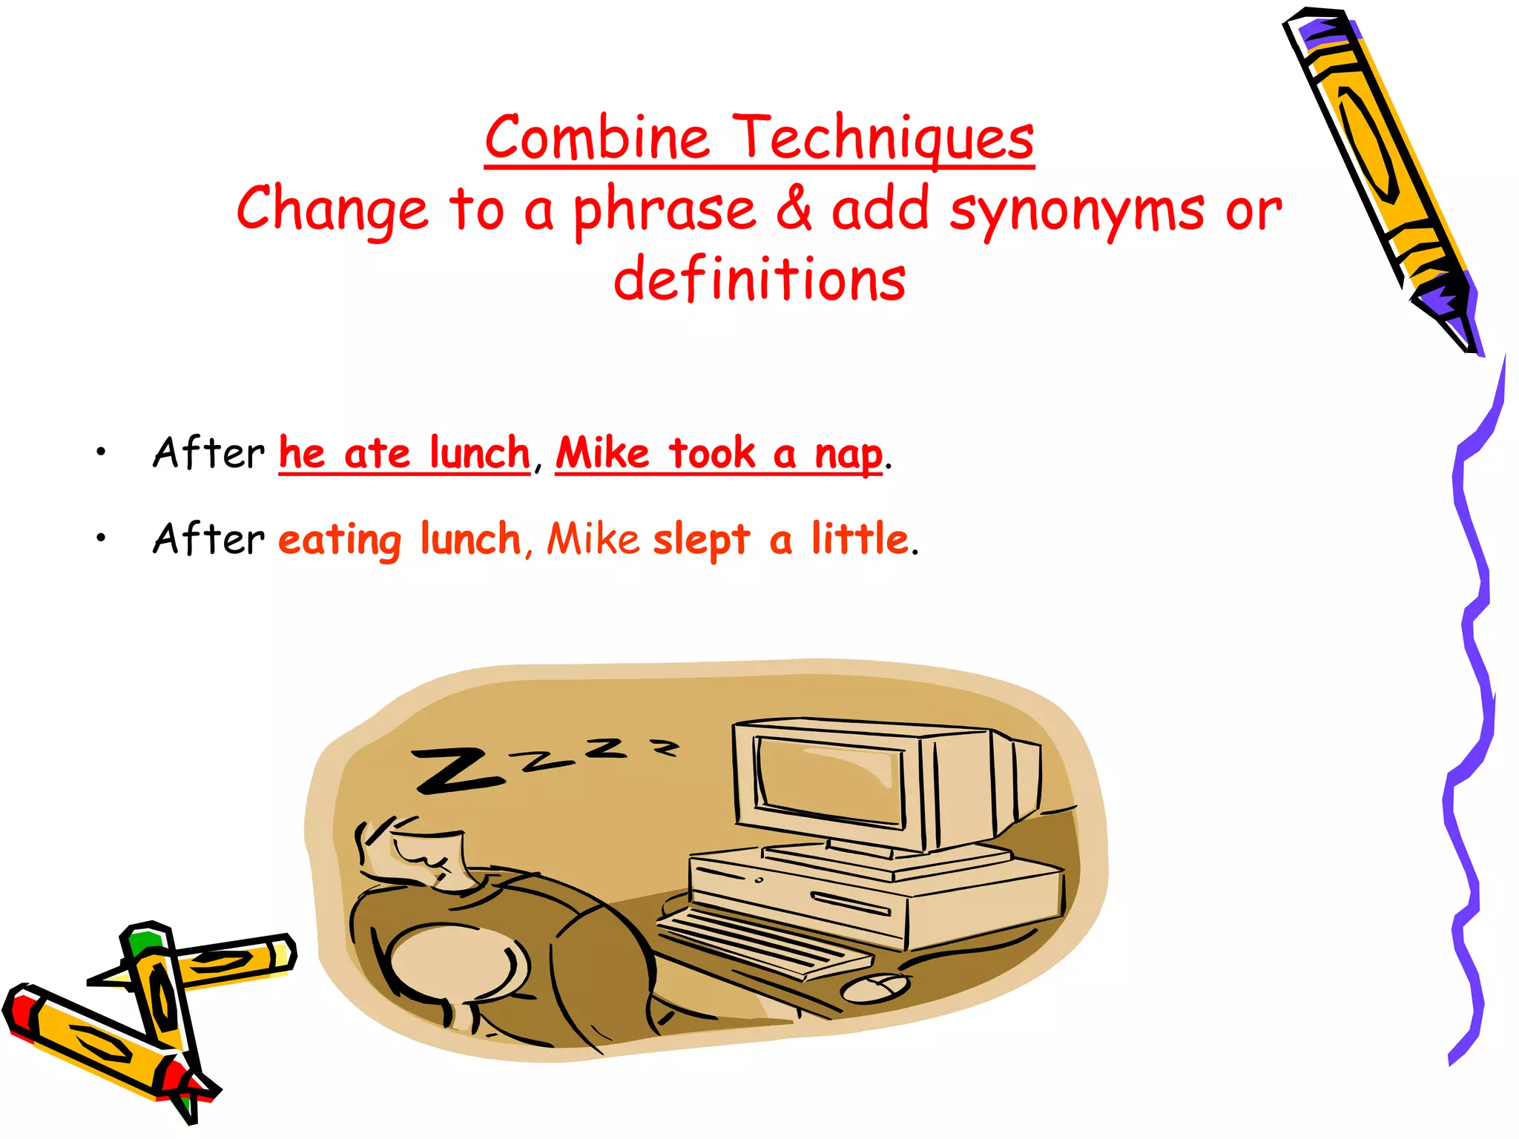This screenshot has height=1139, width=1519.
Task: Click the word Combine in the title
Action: (597, 139)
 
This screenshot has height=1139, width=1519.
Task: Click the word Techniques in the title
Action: (884, 139)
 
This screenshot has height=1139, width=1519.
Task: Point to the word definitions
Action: (759, 280)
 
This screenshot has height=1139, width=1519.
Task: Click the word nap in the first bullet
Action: (849, 454)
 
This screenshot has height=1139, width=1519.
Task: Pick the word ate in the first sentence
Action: (377, 453)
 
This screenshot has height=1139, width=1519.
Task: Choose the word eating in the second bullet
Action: (340, 540)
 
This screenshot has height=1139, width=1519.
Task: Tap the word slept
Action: (701, 539)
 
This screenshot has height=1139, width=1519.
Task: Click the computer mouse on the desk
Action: (875, 987)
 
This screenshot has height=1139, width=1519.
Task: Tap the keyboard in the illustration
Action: (764, 942)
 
